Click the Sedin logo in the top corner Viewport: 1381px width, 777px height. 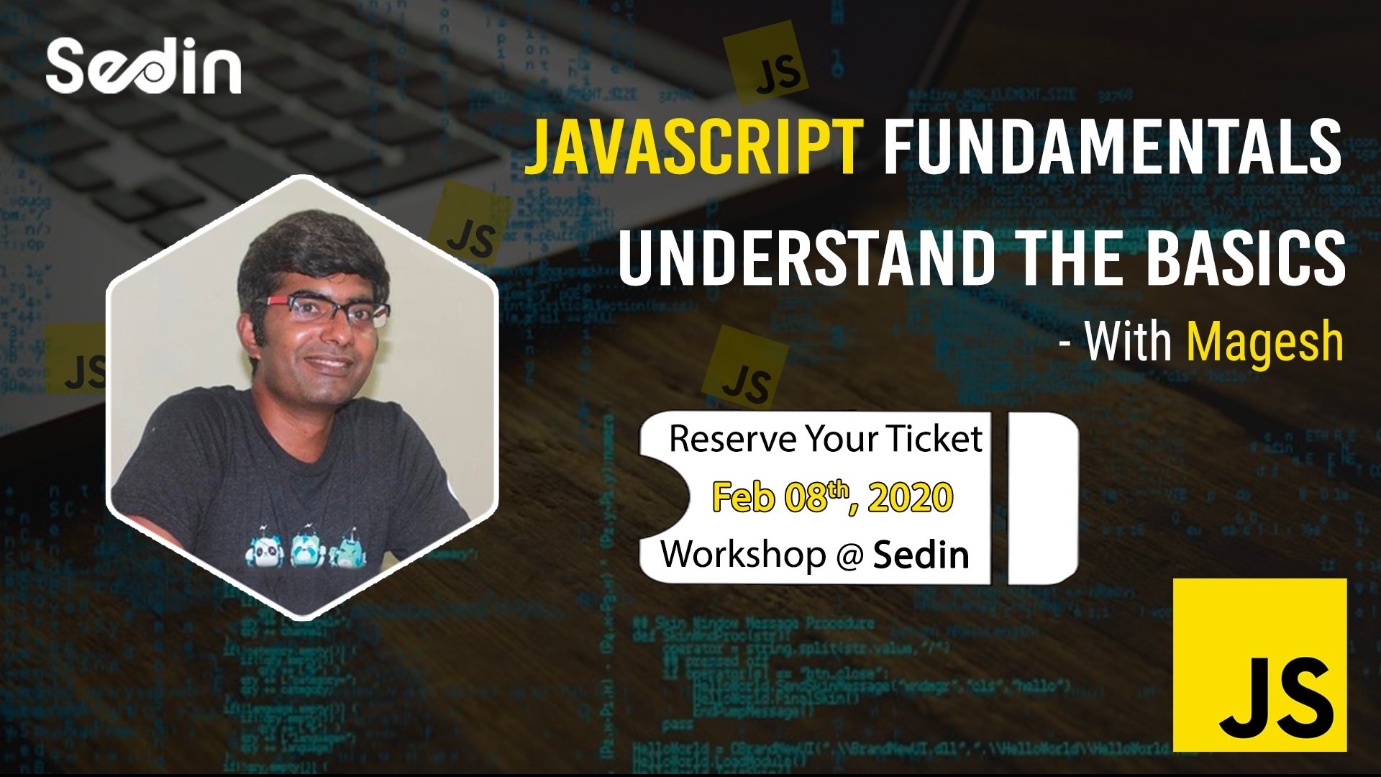(x=144, y=67)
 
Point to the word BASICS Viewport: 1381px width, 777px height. (x=1245, y=257)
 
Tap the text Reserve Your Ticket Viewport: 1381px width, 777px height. (x=825, y=439)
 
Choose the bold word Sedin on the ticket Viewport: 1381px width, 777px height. (x=921, y=555)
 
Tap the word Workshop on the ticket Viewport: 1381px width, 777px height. (x=744, y=555)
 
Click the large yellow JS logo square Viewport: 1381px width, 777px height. (x=1259, y=665)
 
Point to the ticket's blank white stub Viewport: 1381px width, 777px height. (x=1043, y=498)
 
